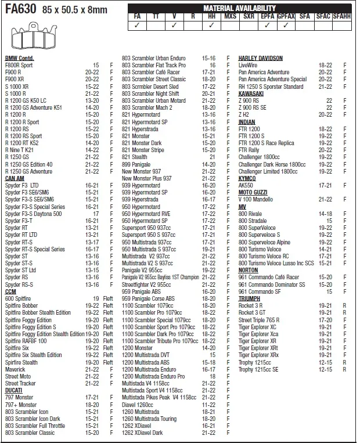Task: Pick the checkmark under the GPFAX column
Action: [x=286, y=26]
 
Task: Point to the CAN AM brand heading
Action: [x=15, y=178]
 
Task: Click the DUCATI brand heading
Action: [x=14, y=390]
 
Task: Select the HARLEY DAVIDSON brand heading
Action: [x=260, y=59]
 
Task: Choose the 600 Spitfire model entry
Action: [x=18, y=298]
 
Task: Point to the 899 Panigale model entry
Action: [x=136, y=164]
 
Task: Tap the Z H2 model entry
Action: [x=244, y=114]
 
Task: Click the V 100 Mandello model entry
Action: [x=256, y=199]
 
